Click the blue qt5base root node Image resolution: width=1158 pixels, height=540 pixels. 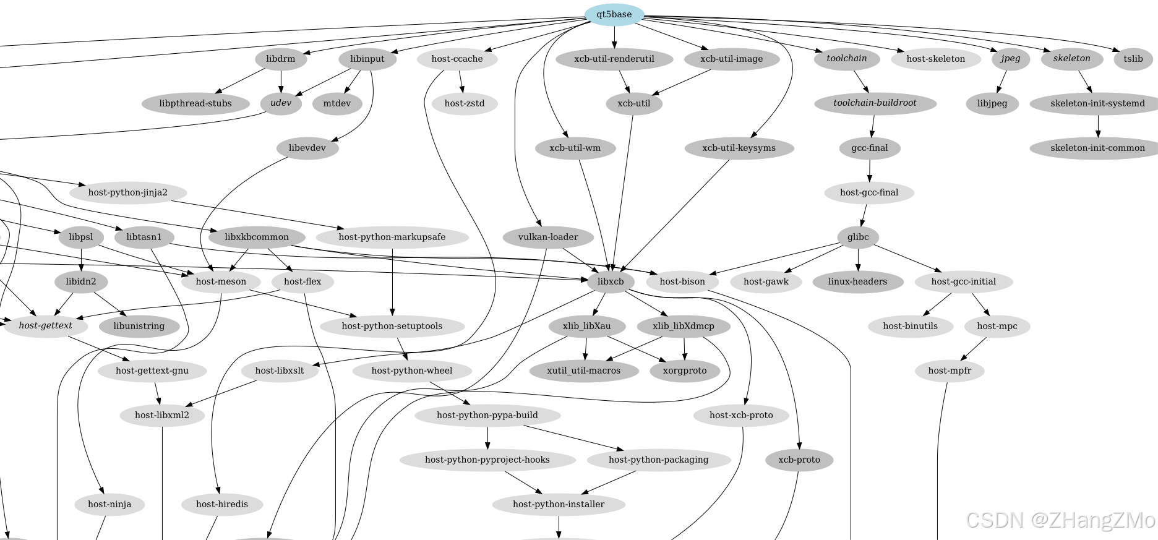614,14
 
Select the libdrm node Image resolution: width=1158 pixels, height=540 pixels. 281,59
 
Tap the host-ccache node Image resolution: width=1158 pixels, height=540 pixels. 457,59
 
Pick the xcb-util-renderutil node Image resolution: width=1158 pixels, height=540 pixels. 614,59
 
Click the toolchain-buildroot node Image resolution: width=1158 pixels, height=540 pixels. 875,103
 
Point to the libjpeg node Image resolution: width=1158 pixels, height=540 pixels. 992,103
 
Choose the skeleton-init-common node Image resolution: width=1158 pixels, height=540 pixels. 1097,148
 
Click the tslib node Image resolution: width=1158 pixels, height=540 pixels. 1133,59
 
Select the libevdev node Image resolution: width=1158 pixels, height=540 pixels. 307,148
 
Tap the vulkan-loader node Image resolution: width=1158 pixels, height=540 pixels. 548,237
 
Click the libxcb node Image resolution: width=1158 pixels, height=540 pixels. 611,281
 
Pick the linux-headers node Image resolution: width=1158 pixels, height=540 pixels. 857,281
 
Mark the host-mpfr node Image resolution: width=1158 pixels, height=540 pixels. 950,371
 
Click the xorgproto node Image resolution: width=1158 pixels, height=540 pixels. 685,371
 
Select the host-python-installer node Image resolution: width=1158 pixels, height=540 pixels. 559,504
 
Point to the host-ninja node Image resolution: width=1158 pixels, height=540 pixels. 109,504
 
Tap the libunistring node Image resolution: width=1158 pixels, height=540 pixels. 139,326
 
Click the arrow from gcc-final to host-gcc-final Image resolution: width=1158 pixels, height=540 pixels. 869,170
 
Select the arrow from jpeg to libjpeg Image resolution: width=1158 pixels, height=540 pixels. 1001,81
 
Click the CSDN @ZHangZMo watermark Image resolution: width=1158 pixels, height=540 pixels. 1060,520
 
